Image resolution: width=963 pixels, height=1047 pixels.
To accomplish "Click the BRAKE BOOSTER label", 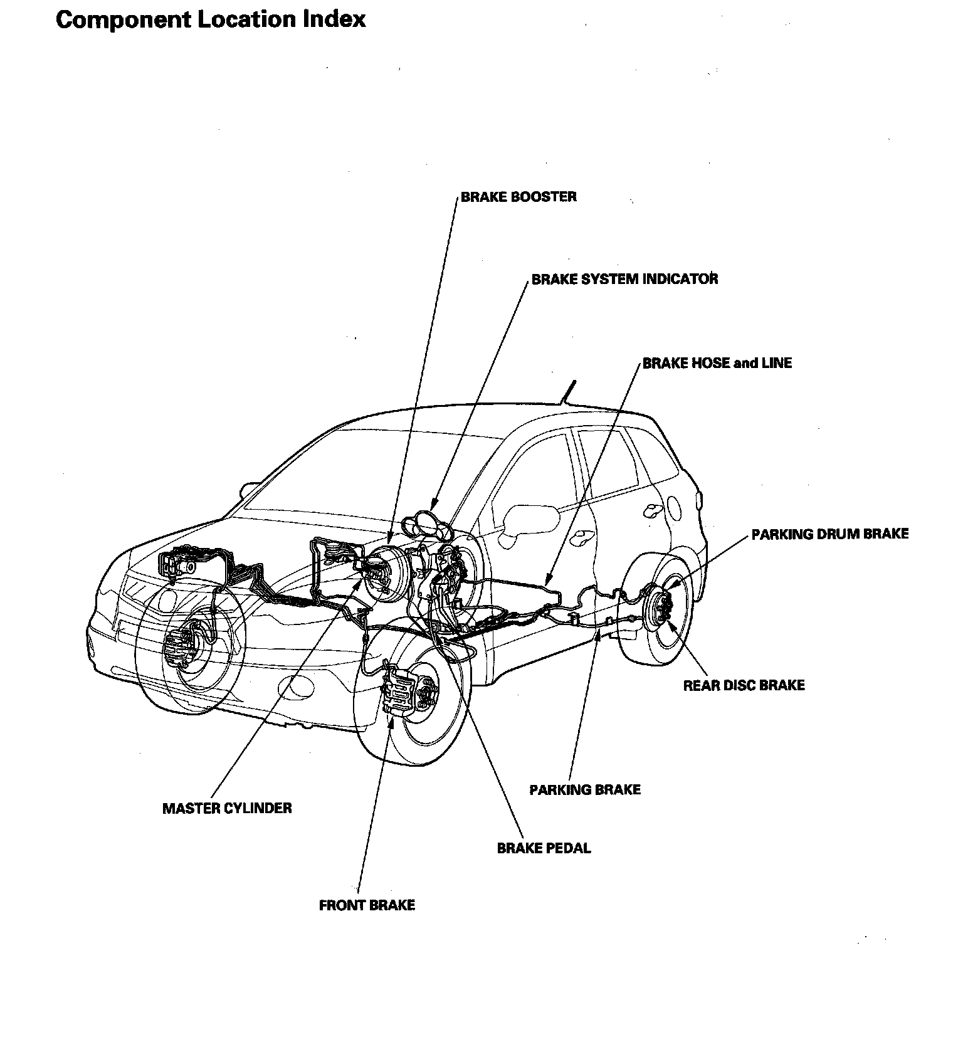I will tap(518, 197).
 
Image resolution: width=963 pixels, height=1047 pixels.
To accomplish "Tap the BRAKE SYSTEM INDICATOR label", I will tap(624, 279).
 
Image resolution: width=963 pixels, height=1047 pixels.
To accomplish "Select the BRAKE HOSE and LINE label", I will tap(717, 363).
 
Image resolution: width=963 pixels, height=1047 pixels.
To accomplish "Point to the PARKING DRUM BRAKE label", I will tap(829, 534).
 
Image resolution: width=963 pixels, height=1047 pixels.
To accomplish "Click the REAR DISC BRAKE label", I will tap(744, 685).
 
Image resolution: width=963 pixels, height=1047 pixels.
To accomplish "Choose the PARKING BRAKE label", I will tap(585, 789).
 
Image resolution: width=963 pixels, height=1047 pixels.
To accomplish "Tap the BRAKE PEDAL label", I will tap(544, 848).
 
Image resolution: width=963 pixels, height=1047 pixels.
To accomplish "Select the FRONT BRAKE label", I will tap(367, 905).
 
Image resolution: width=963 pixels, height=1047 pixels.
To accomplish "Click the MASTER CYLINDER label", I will tap(227, 808).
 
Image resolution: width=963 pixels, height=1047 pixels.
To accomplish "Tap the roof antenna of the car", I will tap(568, 392).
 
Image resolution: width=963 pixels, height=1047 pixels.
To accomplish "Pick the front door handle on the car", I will tap(586, 537).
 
